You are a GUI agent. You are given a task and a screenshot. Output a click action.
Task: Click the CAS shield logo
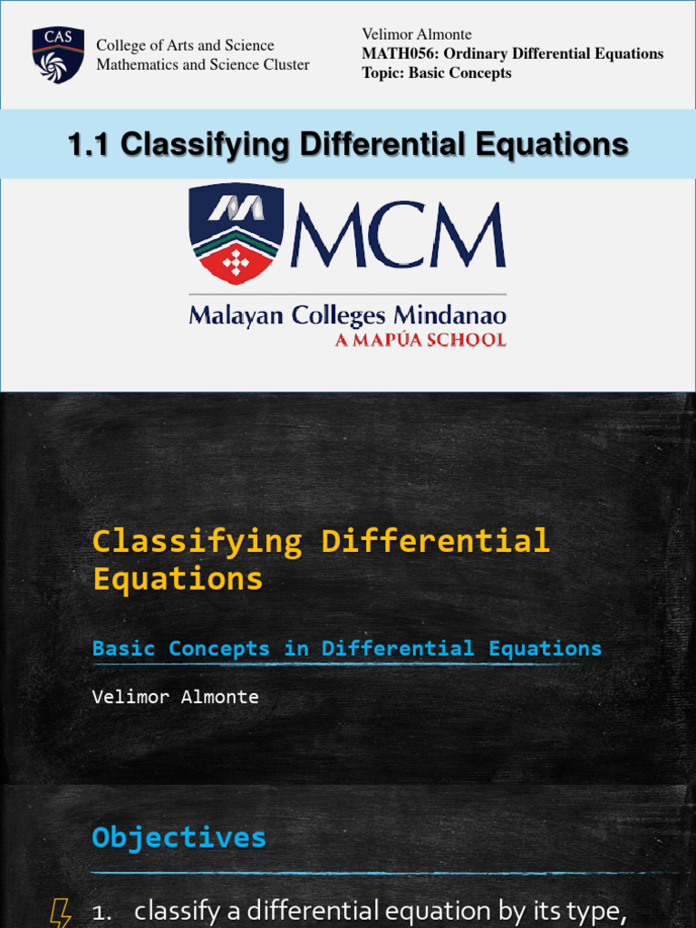[58, 54]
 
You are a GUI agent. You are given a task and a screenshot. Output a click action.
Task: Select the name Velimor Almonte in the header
[416, 34]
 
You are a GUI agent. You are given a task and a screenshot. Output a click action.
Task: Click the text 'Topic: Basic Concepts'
[436, 72]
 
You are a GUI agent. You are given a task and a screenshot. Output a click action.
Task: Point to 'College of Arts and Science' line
[185, 45]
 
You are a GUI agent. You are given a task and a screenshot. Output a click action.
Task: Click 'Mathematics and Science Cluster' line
[202, 64]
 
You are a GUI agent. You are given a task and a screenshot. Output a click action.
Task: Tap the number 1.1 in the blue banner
[91, 144]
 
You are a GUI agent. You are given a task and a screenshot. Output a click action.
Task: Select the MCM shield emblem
[236, 234]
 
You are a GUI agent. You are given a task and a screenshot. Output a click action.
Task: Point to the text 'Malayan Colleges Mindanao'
[347, 316]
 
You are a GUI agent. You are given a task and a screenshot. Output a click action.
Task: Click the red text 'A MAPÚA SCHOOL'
[420, 340]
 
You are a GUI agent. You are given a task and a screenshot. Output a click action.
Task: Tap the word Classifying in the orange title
[197, 541]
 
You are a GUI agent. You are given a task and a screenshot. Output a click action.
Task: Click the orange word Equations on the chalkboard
[178, 578]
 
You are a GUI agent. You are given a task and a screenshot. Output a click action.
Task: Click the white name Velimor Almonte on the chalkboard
[175, 697]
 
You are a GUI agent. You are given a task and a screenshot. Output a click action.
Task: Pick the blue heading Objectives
[179, 836]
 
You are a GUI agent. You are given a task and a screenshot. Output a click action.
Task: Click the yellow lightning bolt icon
[61, 911]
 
